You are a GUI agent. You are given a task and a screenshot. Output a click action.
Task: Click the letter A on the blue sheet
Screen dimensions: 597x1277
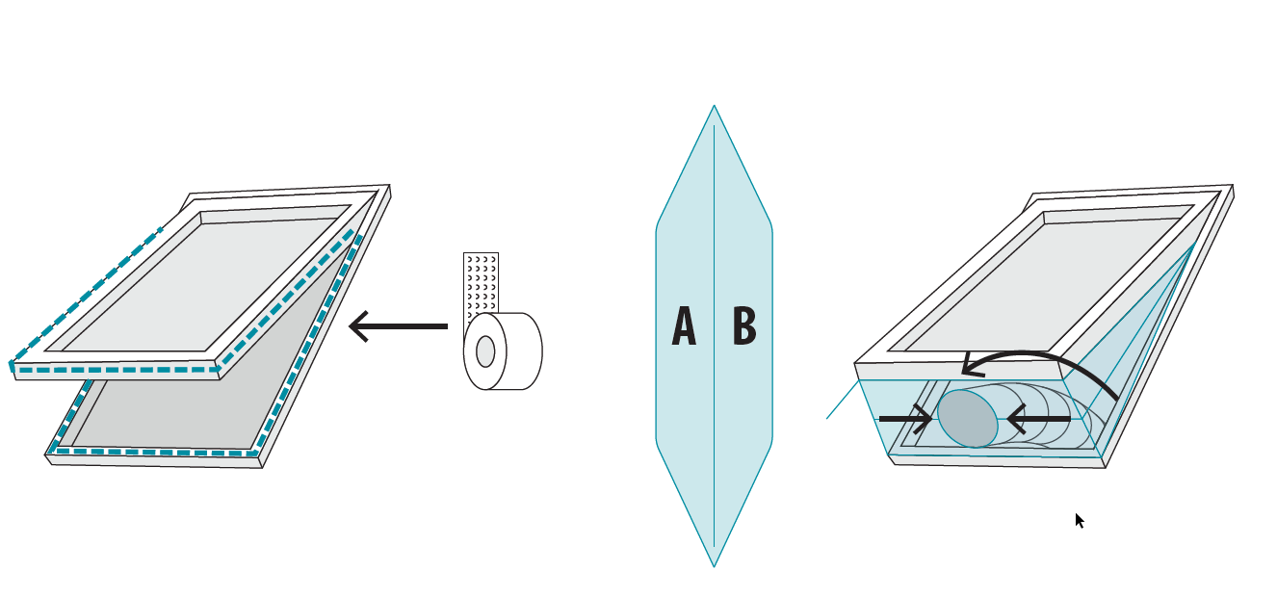point(684,326)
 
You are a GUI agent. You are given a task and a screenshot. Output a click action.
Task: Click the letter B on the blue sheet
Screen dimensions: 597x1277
point(744,326)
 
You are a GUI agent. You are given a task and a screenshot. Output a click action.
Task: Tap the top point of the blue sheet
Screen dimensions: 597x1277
point(714,107)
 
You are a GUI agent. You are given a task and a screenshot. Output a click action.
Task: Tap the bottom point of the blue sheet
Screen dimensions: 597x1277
point(714,565)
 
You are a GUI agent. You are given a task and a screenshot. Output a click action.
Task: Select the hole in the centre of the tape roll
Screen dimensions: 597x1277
point(485,351)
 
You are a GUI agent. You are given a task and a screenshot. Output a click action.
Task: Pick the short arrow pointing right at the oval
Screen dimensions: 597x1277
point(904,419)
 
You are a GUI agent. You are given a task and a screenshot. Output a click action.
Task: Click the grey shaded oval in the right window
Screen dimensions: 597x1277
point(968,418)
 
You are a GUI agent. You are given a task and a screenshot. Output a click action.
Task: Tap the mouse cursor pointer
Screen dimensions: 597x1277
point(1079,520)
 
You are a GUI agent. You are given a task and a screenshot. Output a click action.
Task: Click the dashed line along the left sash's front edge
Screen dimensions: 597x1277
point(116,369)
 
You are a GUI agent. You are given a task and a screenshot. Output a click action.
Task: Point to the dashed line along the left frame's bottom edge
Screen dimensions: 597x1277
point(154,452)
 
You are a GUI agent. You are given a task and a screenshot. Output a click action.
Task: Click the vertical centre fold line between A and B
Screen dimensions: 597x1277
point(714,433)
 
